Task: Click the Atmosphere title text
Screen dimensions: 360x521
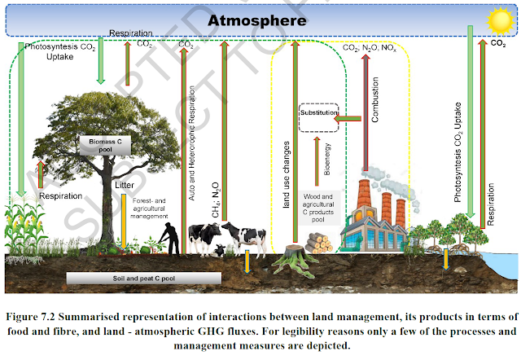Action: pos(259,20)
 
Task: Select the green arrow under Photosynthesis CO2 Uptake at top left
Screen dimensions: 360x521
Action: pos(100,69)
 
